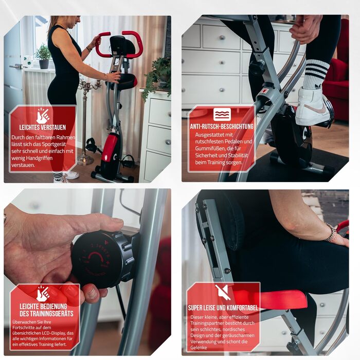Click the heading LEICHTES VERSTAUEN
click(x=43, y=127)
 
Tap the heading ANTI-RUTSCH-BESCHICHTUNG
click(x=222, y=127)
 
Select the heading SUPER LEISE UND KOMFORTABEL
click(x=223, y=308)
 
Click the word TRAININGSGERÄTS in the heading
click(x=46, y=314)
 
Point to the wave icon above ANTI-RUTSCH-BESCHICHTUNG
click(x=222, y=114)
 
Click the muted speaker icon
click(x=223, y=292)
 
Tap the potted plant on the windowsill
click(x=43, y=57)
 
